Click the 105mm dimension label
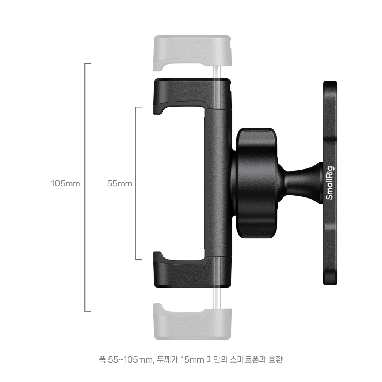pos(65,183)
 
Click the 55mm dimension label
pos(120,183)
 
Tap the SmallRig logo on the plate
pos(330,183)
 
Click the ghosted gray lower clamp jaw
pos(193,321)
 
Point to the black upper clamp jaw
pos(192,95)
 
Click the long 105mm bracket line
pos(85,188)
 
